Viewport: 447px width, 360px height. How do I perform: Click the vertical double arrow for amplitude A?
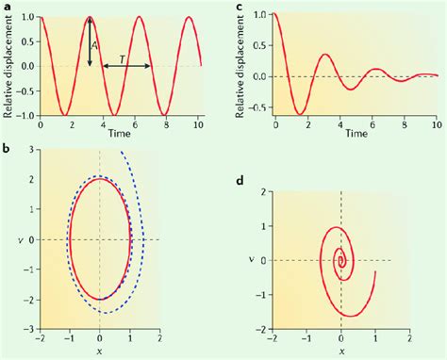coord(89,42)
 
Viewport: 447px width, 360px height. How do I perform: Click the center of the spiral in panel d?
coord(341,261)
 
